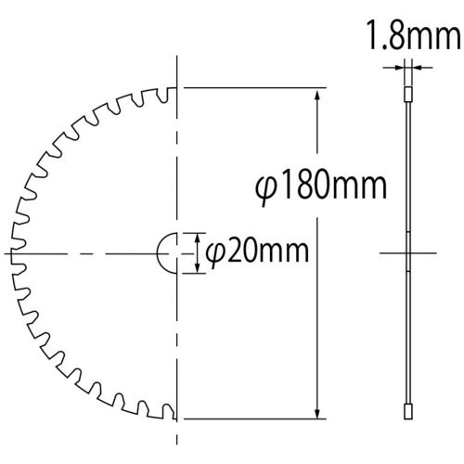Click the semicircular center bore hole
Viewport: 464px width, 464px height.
point(167,252)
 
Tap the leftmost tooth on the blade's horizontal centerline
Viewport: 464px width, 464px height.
point(11,252)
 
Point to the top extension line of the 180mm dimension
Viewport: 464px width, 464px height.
point(255,88)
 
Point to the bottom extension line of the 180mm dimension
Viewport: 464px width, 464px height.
point(255,419)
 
